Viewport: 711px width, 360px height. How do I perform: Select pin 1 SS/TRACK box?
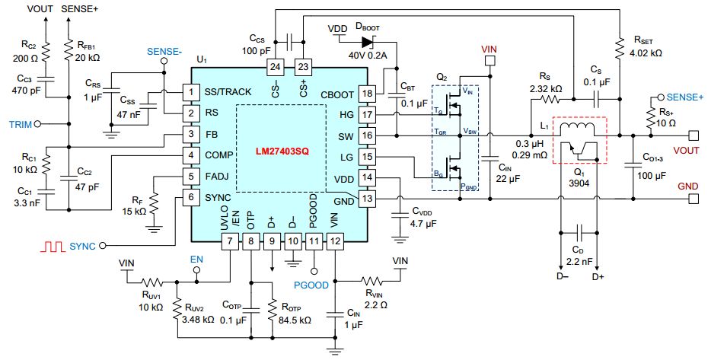click(x=184, y=93)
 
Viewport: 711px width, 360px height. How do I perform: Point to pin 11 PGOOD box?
click(x=313, y=242)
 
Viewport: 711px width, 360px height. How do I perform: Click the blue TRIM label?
click(x=20, y=123)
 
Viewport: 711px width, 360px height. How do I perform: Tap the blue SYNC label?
click(x=82, y=246)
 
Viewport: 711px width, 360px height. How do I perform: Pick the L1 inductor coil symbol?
click(x=578, y=126)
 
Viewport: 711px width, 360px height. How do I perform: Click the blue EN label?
click(x=197, y=259)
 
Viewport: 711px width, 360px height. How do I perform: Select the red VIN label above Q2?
click(x=489, y=48)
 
